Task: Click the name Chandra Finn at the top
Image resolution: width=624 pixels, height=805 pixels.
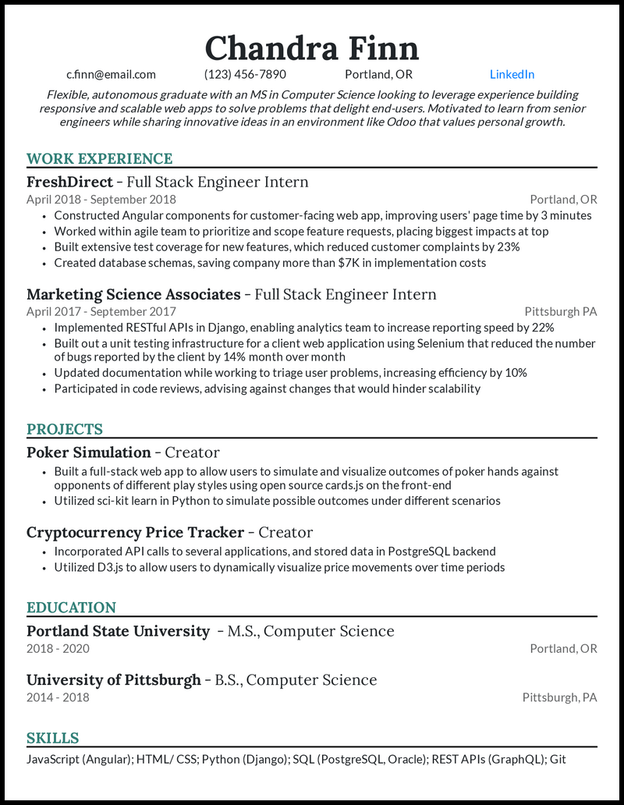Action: [312, 48]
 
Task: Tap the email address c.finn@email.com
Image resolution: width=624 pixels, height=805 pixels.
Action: [111, 75]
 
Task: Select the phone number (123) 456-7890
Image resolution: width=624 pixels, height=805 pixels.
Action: [245, 75]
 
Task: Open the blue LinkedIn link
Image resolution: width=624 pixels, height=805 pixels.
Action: [512, 75]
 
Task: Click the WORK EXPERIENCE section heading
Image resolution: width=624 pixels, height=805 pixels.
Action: [99, 159]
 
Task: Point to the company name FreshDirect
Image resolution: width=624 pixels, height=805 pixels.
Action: [70, 183]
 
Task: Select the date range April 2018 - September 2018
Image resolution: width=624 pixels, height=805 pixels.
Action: [101, 200]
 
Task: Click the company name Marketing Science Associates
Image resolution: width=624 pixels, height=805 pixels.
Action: [133, 295]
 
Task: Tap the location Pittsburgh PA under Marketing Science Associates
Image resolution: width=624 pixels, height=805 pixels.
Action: [560, 312]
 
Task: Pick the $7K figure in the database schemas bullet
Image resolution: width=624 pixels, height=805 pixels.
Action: [351, 263]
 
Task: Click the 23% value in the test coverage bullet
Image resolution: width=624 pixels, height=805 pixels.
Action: [508, 247]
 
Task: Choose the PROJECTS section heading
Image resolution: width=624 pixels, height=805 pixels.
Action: [65, 430]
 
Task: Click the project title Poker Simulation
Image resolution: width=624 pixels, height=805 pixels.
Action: [89, 453]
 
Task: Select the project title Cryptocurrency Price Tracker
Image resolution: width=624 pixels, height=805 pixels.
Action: [135, 533]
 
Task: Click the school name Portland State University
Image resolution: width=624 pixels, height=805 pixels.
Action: [118, 632]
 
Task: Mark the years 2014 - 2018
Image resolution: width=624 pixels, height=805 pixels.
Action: [58, 697]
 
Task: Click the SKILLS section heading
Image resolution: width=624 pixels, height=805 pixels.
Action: [52, 739]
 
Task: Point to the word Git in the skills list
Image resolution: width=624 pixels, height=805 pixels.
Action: [558, 758]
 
